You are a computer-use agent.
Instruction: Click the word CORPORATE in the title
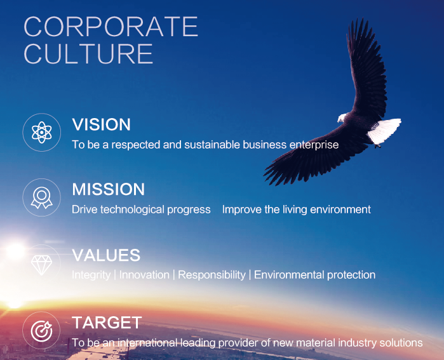[x=111, y=26]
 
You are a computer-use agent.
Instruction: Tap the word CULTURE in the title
[x=88, y=54]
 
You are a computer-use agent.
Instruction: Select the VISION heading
[x=101, y=124]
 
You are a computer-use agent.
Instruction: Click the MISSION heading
[x=108, y=189]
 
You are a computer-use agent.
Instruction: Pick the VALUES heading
[x=106, y=255]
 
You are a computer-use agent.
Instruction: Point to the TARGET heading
[x=107, y=323]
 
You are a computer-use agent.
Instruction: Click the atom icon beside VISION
[x=42, y=132]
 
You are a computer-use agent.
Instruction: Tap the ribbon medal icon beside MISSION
[x=42, y=197]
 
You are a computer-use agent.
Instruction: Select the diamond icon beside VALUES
[x=41, y=265]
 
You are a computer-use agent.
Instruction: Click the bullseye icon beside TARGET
[x=41, y=331]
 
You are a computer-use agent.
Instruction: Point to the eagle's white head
[x=342, y=117]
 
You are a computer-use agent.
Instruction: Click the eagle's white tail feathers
[x=385, y=131]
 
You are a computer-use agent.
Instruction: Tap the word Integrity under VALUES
[x=91, y=275]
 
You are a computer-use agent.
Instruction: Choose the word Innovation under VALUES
[x=144, y=275]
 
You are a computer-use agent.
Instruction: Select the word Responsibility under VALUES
[x=212, y=275]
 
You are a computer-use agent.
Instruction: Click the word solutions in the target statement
[x=401, y=343]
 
